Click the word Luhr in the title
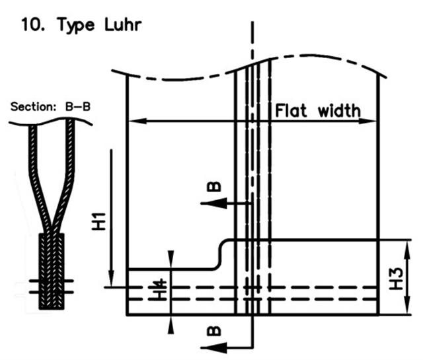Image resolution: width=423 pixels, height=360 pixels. coord(123,25)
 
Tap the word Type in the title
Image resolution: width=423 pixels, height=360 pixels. coord(76,26)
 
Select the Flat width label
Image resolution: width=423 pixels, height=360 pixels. coord(318,111)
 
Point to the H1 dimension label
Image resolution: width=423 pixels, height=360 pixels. coord(98,221)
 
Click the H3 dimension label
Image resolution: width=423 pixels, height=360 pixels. coord(396,279)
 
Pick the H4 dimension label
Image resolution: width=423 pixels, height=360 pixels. coord(161,291)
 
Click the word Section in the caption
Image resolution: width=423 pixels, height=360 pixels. coord(33,107)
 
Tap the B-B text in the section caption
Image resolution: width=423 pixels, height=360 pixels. coord(78,107)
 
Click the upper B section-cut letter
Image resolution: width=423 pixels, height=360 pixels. coord(214,187)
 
